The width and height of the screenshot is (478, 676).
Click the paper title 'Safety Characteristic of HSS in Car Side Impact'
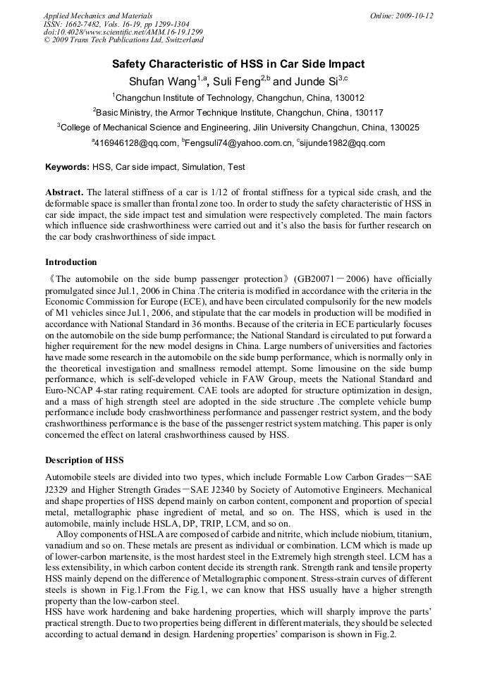[x=239, y=64]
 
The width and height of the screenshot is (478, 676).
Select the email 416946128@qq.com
[x=136, y=143]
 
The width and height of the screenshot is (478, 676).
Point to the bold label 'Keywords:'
[x=68, y=168]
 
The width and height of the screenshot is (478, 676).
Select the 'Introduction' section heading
[x=71, y=262]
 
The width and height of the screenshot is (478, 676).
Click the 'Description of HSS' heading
[x=85, y=460]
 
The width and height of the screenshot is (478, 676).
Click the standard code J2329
[x=61, y=488]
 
